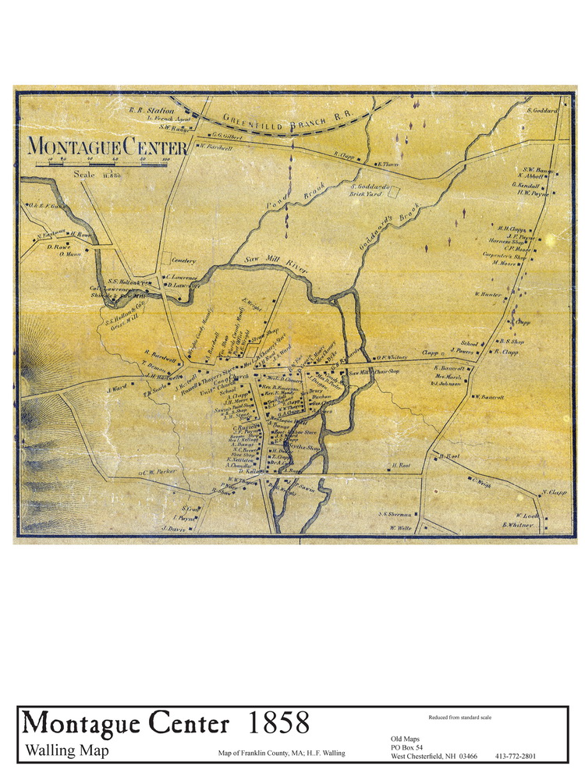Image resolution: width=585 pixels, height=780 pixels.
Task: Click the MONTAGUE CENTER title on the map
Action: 106,146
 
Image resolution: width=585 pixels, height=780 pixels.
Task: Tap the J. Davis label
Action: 172,528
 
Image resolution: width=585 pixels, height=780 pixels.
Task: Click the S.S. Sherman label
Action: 395,514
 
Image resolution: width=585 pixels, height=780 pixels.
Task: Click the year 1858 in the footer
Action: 278,723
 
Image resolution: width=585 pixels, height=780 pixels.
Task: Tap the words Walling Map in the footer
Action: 67,750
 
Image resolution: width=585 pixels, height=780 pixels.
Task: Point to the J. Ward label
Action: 117,388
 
